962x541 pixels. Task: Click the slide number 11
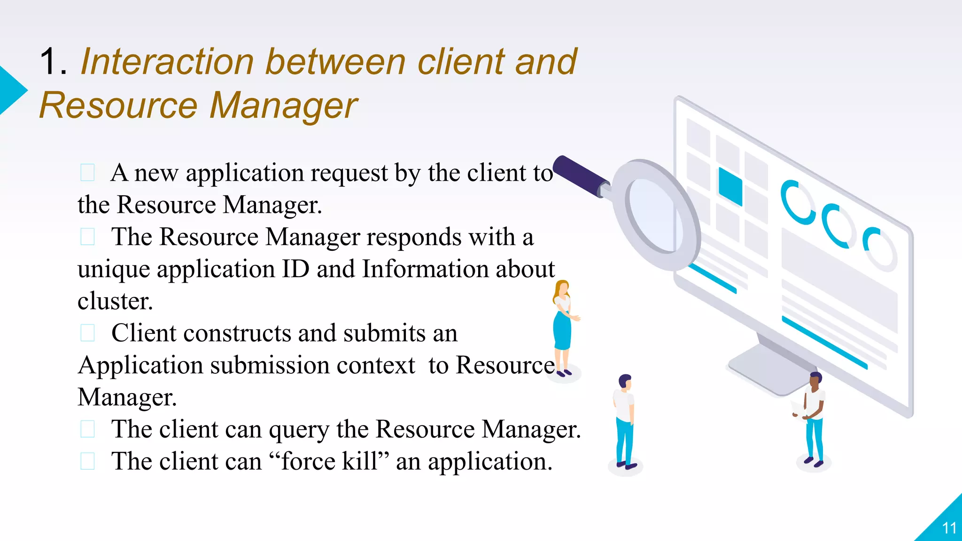[x=949, y=528]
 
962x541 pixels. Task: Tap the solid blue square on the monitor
[x=730, y=186]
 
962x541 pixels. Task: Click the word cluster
[x=115, y=301]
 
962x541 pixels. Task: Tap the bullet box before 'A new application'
[x=88, y=172]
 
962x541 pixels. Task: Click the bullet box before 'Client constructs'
[x=88, y=333]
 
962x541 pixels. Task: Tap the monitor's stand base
[x=770, y=371]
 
